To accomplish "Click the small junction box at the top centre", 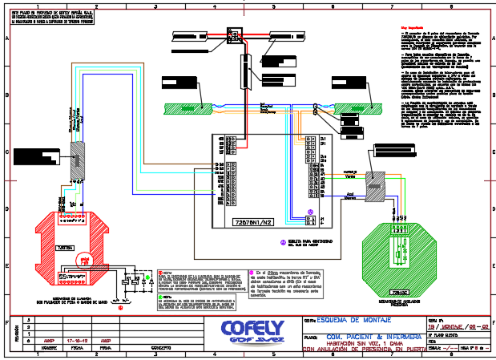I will pyautogui.click(x=234, y=36).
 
